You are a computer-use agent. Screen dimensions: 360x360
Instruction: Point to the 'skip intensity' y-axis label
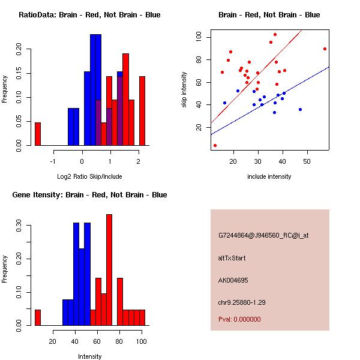185,90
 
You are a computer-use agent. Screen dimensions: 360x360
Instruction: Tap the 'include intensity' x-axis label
269,176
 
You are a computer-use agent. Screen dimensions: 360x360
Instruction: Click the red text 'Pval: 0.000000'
239,319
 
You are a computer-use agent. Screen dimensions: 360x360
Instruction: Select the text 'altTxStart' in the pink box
232,258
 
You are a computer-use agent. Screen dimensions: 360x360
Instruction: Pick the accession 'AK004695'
233,280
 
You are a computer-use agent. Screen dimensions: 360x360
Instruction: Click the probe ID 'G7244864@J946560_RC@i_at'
263,236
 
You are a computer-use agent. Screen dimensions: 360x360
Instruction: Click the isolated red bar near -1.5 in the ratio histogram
37,134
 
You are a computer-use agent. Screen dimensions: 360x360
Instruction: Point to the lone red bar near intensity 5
37,317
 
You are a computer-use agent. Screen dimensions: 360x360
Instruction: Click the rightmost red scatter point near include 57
325,49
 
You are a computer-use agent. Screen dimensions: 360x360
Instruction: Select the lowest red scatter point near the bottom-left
215,145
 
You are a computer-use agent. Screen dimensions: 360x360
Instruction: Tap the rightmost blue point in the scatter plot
300,109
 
